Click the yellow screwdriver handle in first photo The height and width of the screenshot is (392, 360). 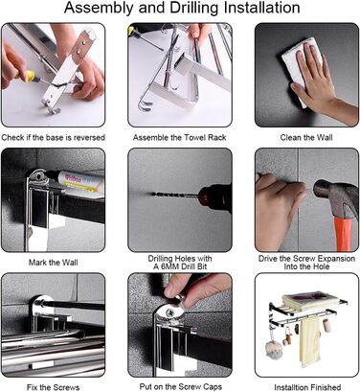(x=31, y=77)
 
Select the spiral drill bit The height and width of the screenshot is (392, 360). (x=174, y=195)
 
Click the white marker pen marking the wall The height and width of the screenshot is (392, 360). (x=76, y=182)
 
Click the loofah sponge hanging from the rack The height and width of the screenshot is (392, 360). (x=274, y=349)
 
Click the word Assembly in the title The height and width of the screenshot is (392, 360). (x=98, y=8)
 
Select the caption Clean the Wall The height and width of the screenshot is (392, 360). (x=306, y=138)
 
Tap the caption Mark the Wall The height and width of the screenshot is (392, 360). (x=53, y=263)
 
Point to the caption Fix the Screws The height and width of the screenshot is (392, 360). (x=53, y=387)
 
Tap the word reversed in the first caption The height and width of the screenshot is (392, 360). (x=88, y=138)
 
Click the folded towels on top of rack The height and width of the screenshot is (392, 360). (x=309, y=300)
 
